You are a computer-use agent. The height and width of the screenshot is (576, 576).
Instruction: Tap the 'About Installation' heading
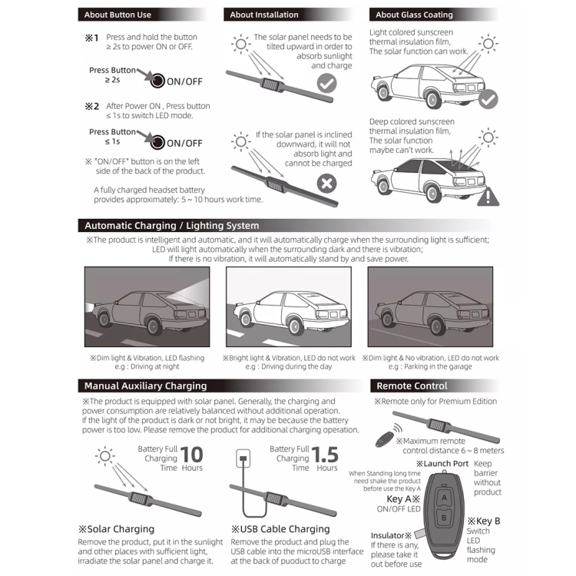[x=264, y=15]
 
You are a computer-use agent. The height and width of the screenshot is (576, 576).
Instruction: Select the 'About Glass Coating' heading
[x=414, y=15]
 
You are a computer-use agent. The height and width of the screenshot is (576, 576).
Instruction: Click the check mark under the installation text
[x=327, y=84]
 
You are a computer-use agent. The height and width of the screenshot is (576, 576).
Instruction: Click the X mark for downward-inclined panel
[x=327, y=183]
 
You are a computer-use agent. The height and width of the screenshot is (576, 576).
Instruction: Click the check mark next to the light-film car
[x=488, y=99]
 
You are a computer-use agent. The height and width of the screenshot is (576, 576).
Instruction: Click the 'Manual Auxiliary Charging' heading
[x=145, y=386]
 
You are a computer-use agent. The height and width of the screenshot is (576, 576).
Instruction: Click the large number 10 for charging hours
[x=192, y=455]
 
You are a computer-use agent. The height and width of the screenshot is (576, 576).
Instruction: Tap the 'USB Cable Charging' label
[x=280, y=529]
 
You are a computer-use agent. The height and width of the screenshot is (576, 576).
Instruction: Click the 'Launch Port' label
[x=442, y=464]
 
